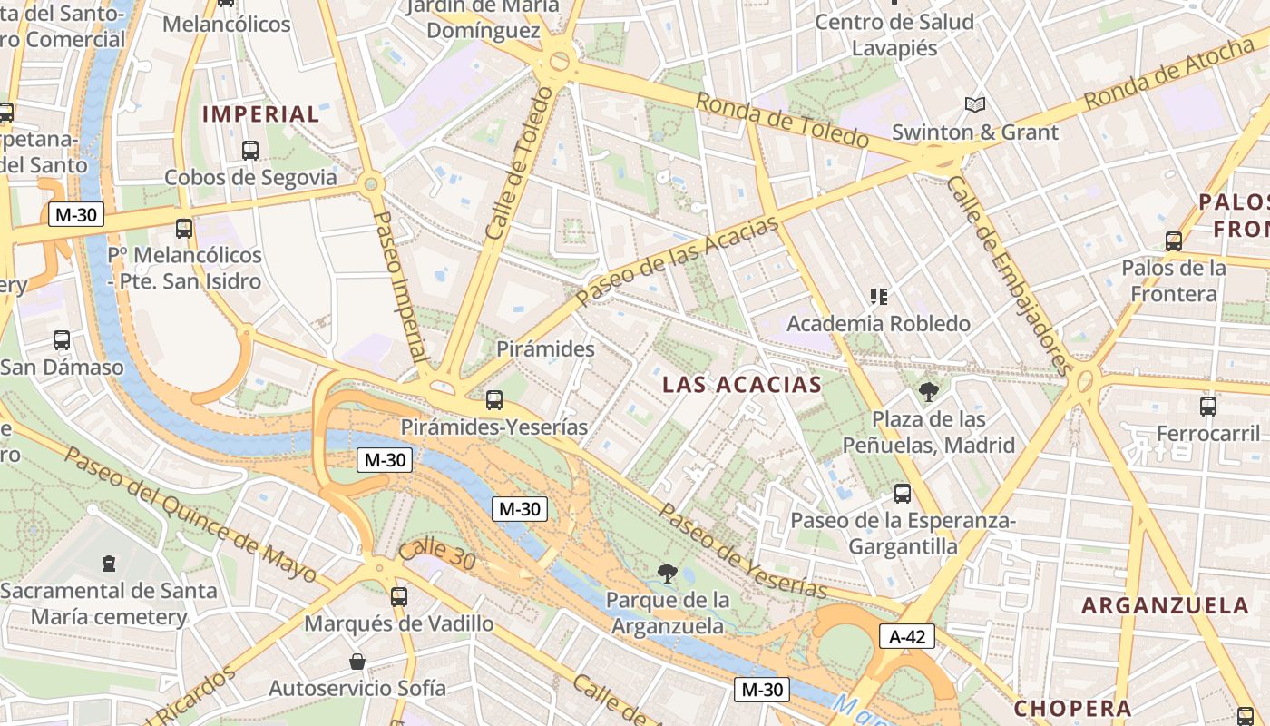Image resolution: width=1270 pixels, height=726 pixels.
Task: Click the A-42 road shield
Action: coord(906,636)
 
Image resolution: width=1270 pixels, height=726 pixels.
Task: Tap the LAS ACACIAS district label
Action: coord(742,384)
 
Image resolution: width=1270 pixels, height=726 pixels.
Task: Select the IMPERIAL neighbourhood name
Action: coord(260,114)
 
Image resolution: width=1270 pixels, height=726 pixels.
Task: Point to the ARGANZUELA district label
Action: coord(1165,605)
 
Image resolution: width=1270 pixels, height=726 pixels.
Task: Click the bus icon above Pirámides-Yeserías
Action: coord(493,399)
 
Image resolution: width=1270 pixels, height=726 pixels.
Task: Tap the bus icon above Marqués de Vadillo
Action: coord(398,596)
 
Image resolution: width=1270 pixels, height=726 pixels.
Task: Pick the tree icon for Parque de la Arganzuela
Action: coord(668,573)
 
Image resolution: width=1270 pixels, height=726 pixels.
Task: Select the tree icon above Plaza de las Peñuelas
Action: coord(928,392)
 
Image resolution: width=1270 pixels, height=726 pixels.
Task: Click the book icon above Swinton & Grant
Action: coord(974,105)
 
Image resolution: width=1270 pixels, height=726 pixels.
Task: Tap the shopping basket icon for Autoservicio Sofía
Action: coord(357,661)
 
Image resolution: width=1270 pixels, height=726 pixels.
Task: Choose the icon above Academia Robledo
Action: coord(877,296)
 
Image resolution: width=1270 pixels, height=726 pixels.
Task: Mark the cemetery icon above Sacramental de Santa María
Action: coord(109,564)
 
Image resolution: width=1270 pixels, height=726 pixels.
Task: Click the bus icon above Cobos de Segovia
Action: coord(249,151)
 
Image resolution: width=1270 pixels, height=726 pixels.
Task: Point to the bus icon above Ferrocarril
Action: coord(1207,406)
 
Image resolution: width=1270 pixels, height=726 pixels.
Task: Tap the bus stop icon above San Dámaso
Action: coord(62,340)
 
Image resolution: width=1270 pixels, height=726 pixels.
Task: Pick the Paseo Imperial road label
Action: coord(400,288)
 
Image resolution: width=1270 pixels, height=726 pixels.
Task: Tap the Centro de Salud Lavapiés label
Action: coord(894,34)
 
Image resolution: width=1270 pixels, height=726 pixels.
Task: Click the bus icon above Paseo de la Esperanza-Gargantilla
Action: coord(902,493)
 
